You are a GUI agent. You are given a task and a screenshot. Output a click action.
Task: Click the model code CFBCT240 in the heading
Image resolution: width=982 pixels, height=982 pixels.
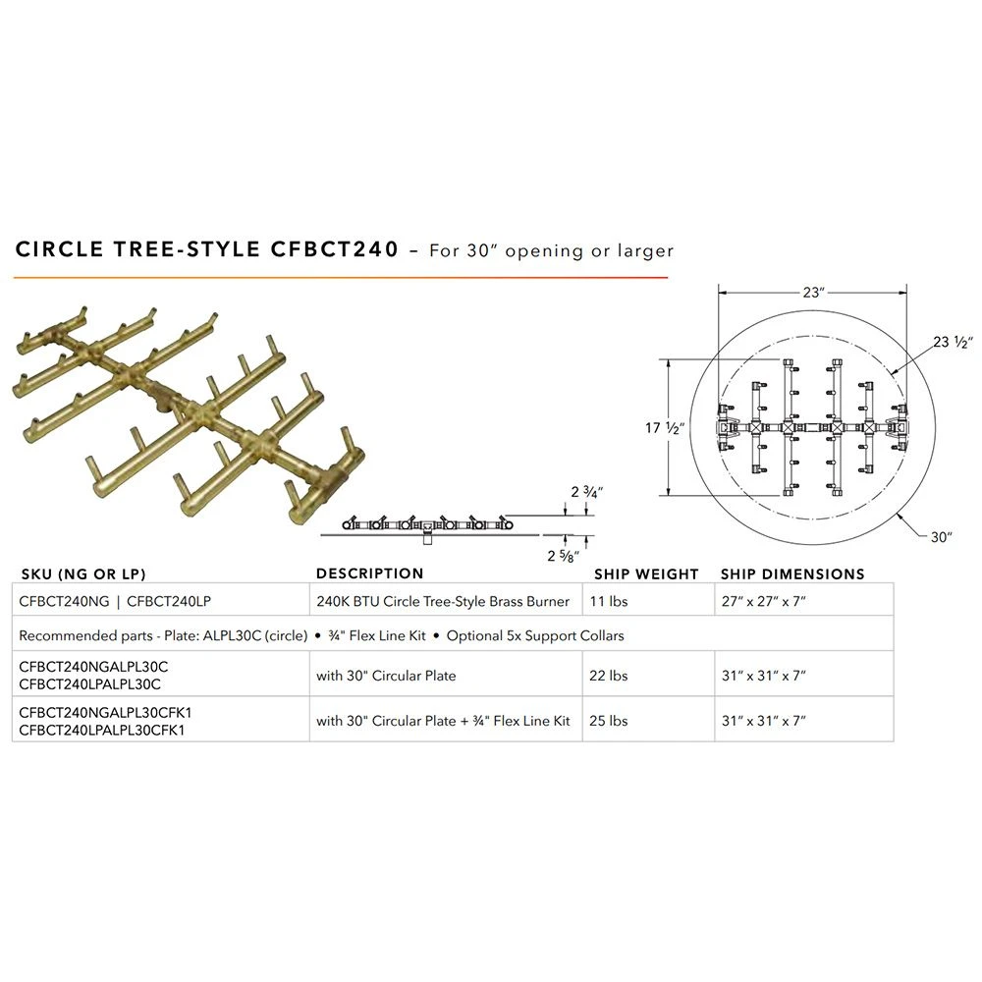pos(335,249)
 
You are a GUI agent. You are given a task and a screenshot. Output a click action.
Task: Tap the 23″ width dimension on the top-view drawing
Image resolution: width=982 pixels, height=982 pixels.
pos(813,293)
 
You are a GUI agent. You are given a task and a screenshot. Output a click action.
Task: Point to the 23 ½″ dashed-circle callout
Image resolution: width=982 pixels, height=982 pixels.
pos(953,342)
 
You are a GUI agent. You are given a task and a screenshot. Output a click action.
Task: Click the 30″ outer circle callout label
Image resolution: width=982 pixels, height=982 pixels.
pos(942,537)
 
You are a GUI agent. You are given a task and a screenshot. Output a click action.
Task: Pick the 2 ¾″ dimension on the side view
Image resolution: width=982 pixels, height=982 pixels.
pos(586,492)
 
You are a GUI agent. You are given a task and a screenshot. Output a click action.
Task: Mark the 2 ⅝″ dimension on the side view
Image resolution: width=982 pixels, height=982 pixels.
pos(563,556)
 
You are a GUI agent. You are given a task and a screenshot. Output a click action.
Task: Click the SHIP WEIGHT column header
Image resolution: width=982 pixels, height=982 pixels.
pos(646,574)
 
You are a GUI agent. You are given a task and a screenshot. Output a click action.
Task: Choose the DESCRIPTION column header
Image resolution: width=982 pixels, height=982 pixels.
pos(369,573)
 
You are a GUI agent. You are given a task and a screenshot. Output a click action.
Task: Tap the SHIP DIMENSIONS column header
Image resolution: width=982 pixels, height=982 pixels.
pos(792,574)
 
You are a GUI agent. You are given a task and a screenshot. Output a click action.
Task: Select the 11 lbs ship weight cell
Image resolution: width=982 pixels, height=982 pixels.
pos(608,601)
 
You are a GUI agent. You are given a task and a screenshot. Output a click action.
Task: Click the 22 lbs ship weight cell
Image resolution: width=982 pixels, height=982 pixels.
pos(608,676)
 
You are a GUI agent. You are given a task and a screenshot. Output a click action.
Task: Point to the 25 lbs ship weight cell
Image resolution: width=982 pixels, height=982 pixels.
pos(608,721)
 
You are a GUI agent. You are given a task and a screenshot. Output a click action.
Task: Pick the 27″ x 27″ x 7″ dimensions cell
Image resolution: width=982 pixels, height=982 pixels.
pos(763,601)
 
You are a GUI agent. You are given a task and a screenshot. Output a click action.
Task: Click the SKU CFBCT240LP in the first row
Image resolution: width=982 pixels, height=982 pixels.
pos(169,601)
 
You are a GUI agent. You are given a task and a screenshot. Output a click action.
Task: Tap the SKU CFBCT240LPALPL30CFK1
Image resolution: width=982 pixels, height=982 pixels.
pos(102,731)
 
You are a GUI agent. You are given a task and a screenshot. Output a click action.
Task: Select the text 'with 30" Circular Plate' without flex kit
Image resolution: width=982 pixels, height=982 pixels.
pos(386,676)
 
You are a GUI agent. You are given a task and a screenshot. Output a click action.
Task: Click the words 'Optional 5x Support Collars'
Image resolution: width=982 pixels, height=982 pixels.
pos(535,635)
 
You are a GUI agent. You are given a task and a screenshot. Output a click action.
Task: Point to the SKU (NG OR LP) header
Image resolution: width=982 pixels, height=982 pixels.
pos(83,574)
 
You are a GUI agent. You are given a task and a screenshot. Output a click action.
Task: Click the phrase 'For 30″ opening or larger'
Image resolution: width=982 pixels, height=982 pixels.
pos(551,250)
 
